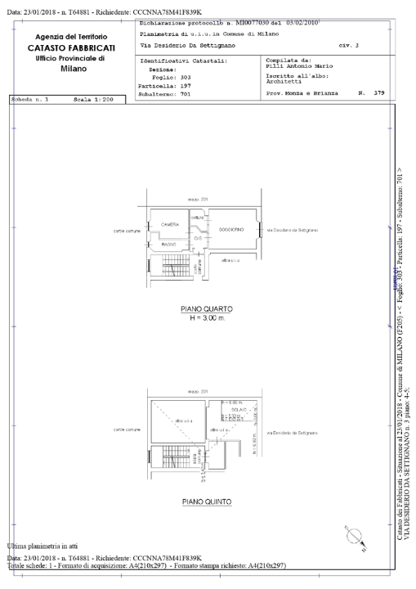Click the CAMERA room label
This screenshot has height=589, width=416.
[169, 224]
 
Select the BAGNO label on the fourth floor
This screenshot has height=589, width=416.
[170, 244]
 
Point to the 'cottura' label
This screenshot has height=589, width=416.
[196, 217]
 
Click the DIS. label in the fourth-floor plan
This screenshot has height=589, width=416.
[197, 239]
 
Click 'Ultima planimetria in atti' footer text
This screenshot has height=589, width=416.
[47, 546]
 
